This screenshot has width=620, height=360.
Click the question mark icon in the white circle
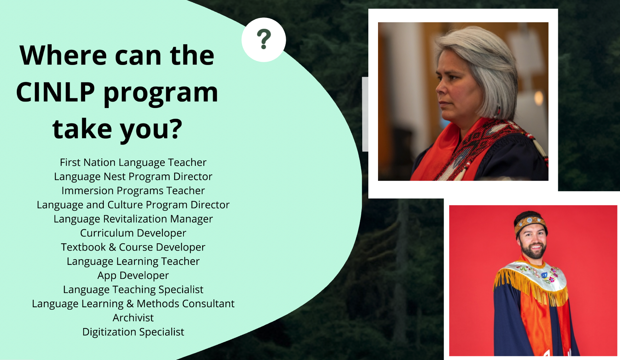point(264,39)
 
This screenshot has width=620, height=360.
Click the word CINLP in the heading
point(56,92)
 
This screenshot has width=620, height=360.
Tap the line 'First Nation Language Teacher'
point(133,163)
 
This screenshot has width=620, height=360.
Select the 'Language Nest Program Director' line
point(133,177)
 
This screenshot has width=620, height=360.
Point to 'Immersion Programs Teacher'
point(133,191)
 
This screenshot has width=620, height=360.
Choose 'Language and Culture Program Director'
point(133,205)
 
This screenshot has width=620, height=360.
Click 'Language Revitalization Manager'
point(133,219)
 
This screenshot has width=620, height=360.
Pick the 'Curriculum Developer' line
point(133,233)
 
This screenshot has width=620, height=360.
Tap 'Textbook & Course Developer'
point(133,247)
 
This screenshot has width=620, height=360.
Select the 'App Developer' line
point(133,275)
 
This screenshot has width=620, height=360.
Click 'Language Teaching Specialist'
point(133,290)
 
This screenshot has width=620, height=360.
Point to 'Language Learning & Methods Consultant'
point(133,304)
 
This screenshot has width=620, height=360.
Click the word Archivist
point(133,318)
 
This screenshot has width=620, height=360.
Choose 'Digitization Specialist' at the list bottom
point(133,332)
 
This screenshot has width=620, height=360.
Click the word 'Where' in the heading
point(63,56)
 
